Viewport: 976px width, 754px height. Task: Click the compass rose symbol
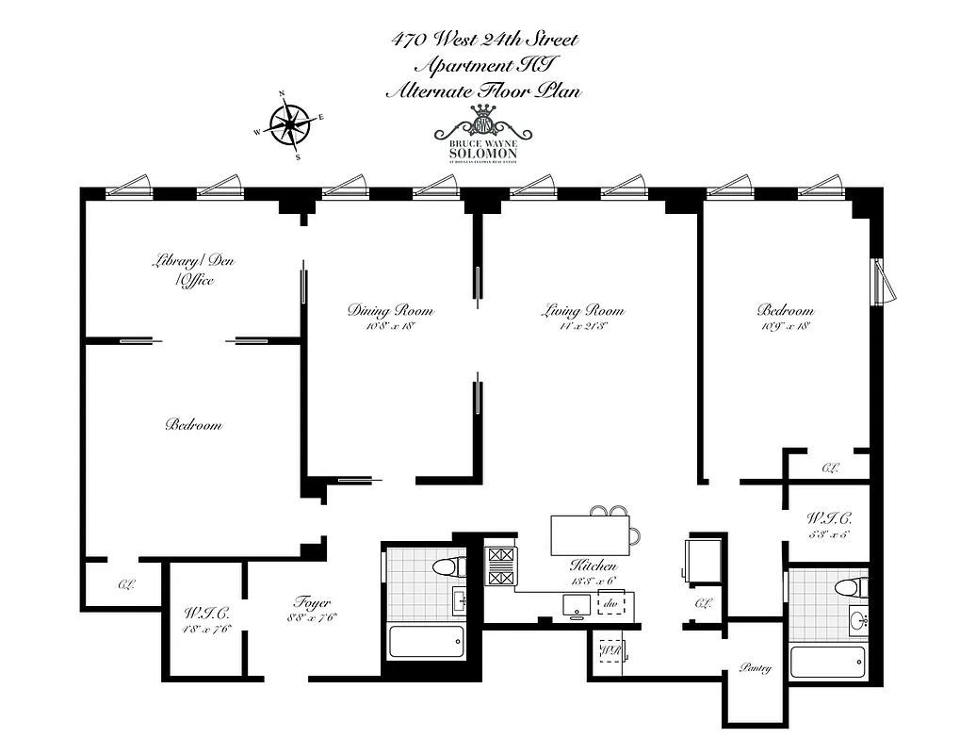pos(290,124)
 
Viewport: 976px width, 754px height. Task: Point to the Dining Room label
pos(390,310)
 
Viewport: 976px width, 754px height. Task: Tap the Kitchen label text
pos(594,566)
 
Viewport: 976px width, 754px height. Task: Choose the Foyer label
pos(311,603)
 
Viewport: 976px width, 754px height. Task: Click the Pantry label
pos(756,668)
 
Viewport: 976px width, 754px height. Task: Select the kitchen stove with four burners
pos(501,565)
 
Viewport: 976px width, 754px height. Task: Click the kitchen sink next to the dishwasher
pos(574,604)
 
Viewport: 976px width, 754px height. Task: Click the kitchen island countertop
pos(592,535)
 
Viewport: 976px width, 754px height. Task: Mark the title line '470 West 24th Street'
pos(485,40)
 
